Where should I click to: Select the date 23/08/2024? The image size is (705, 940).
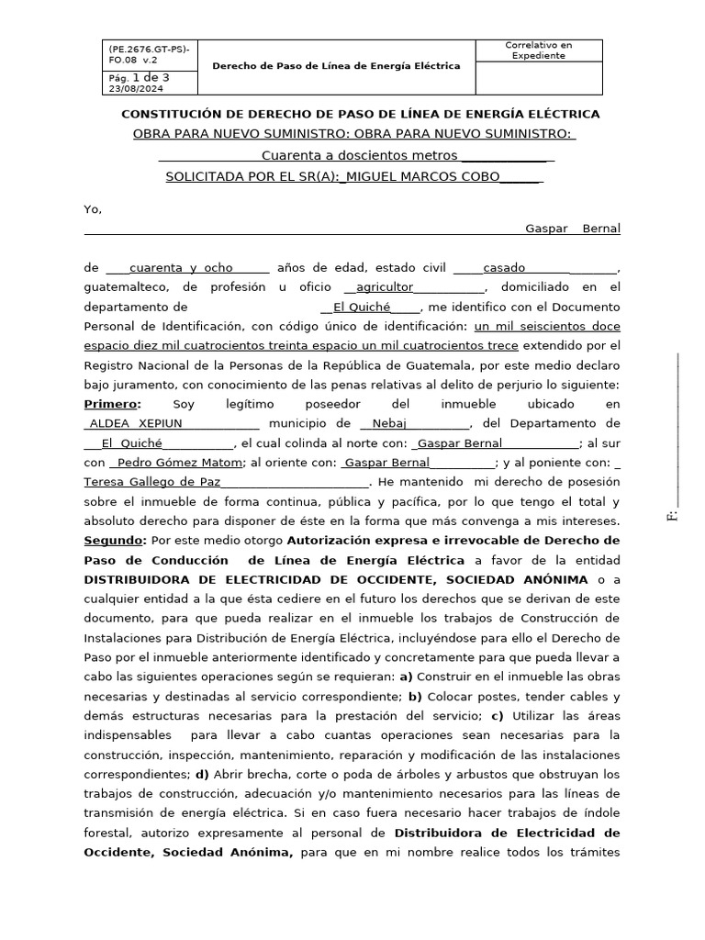click(x=135, y=89)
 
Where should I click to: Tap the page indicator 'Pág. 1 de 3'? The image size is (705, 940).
click(x=139, y=78)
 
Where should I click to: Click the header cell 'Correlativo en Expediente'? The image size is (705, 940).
click(x=538, y=50)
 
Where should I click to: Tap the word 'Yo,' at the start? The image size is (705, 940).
click(x=93, y=209)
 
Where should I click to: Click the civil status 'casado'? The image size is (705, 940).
click(x=504, y=268)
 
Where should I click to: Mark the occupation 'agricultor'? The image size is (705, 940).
click(x=385, y=287)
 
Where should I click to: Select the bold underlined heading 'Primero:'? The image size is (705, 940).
click(x=112, y=404)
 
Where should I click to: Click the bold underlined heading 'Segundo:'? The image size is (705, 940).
click(x=115, y=540)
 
